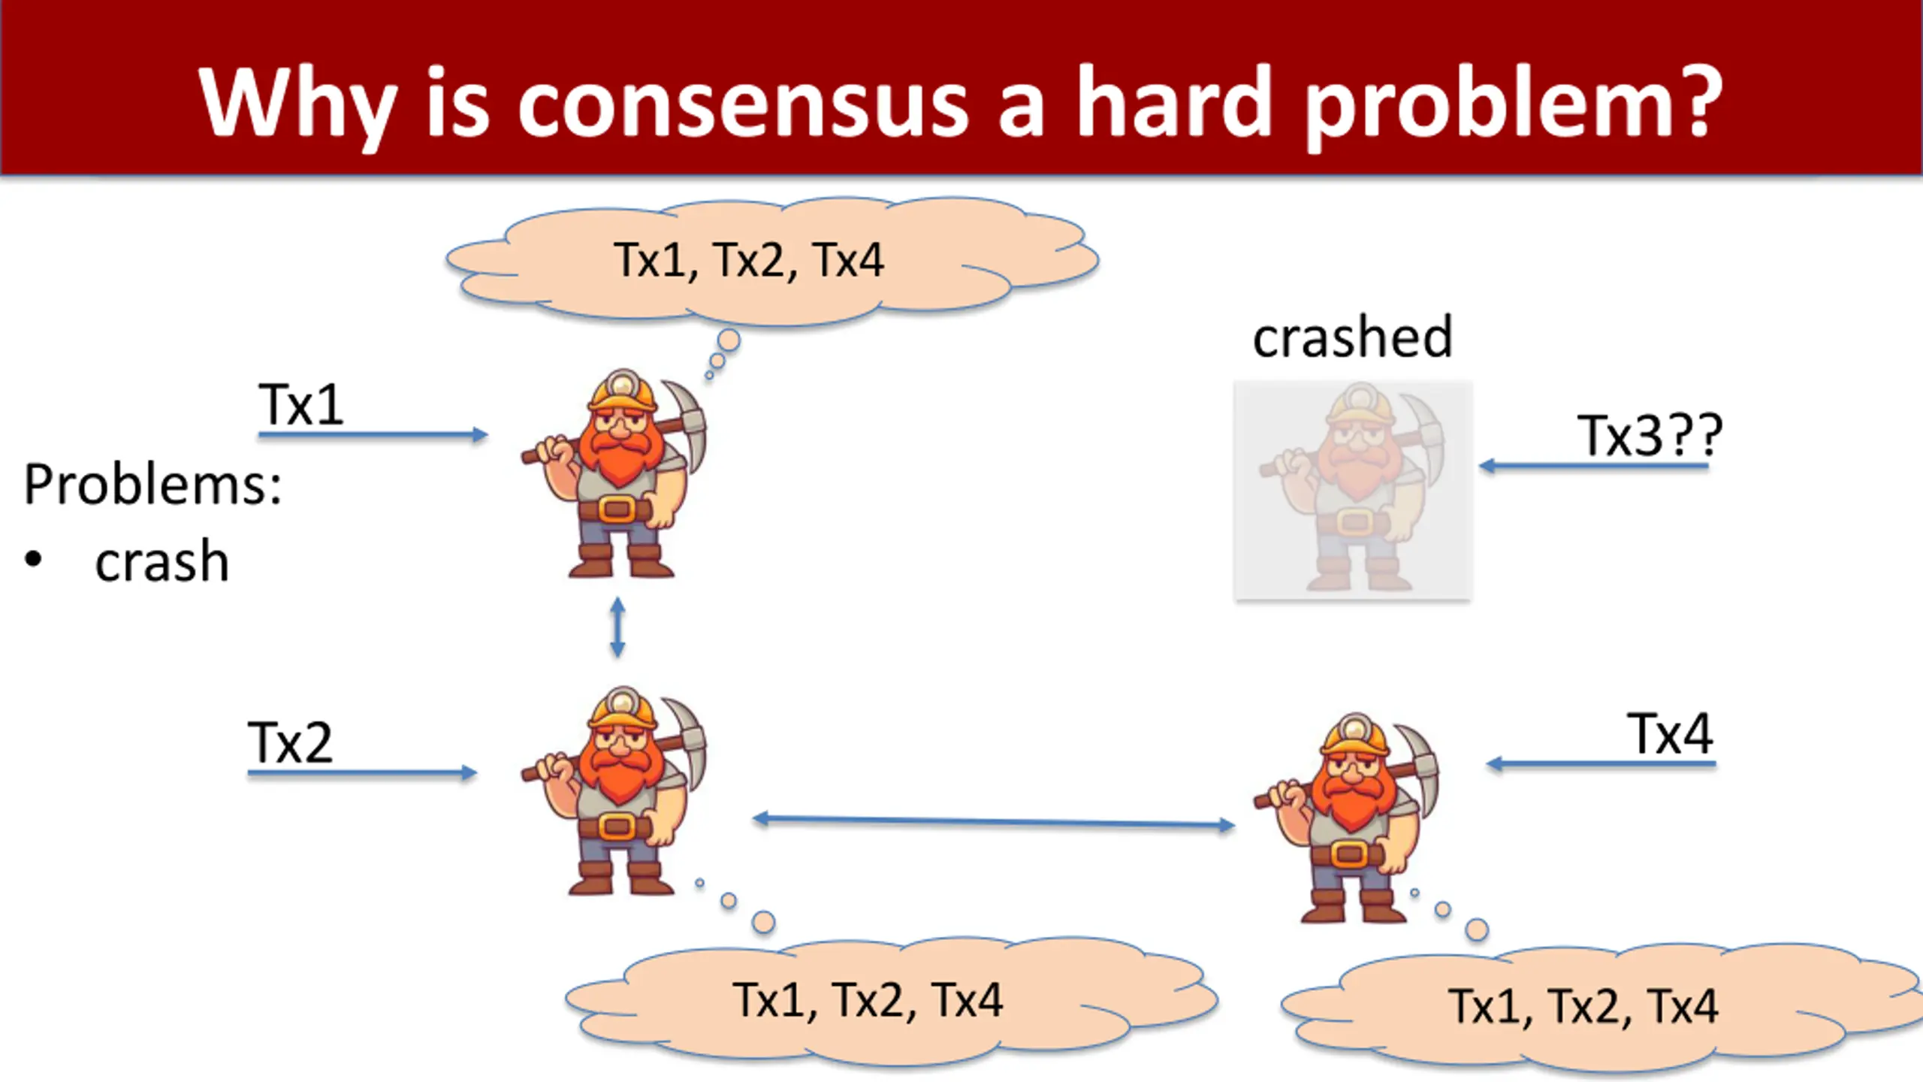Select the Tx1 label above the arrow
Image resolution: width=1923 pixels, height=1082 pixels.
[300, 403]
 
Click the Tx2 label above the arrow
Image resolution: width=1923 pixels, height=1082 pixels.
[290, 742]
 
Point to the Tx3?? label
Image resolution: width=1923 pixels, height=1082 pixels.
[1650, 435]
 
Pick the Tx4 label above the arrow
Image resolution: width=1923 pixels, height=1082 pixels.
[1671, 733]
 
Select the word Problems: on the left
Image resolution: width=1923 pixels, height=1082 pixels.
[153, 485]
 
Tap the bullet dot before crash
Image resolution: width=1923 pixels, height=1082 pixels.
[33, 560]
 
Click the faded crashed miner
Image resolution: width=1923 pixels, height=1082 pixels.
[1353, 490]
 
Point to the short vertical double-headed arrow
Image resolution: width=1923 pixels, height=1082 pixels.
[617, 627]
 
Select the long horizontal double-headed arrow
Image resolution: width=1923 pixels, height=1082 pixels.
[994, 821]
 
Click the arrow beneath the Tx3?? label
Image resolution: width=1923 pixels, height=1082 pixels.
[1594, 467]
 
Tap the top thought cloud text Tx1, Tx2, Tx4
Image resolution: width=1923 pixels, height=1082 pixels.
[749, 260]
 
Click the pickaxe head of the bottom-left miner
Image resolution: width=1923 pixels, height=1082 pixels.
[684, 733]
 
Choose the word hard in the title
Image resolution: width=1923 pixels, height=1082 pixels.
[1173, 101]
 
